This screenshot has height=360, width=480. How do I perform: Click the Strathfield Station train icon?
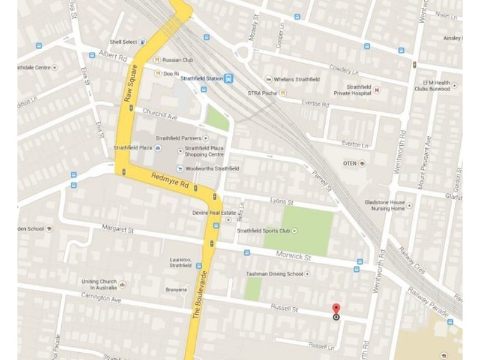click(x=228, y=78)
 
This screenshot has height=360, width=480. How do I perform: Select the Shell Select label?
click(x=123, y=42)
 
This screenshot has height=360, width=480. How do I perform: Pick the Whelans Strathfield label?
click(x=296, y=79)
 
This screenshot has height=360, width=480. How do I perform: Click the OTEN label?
click(x=349, y=163)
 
